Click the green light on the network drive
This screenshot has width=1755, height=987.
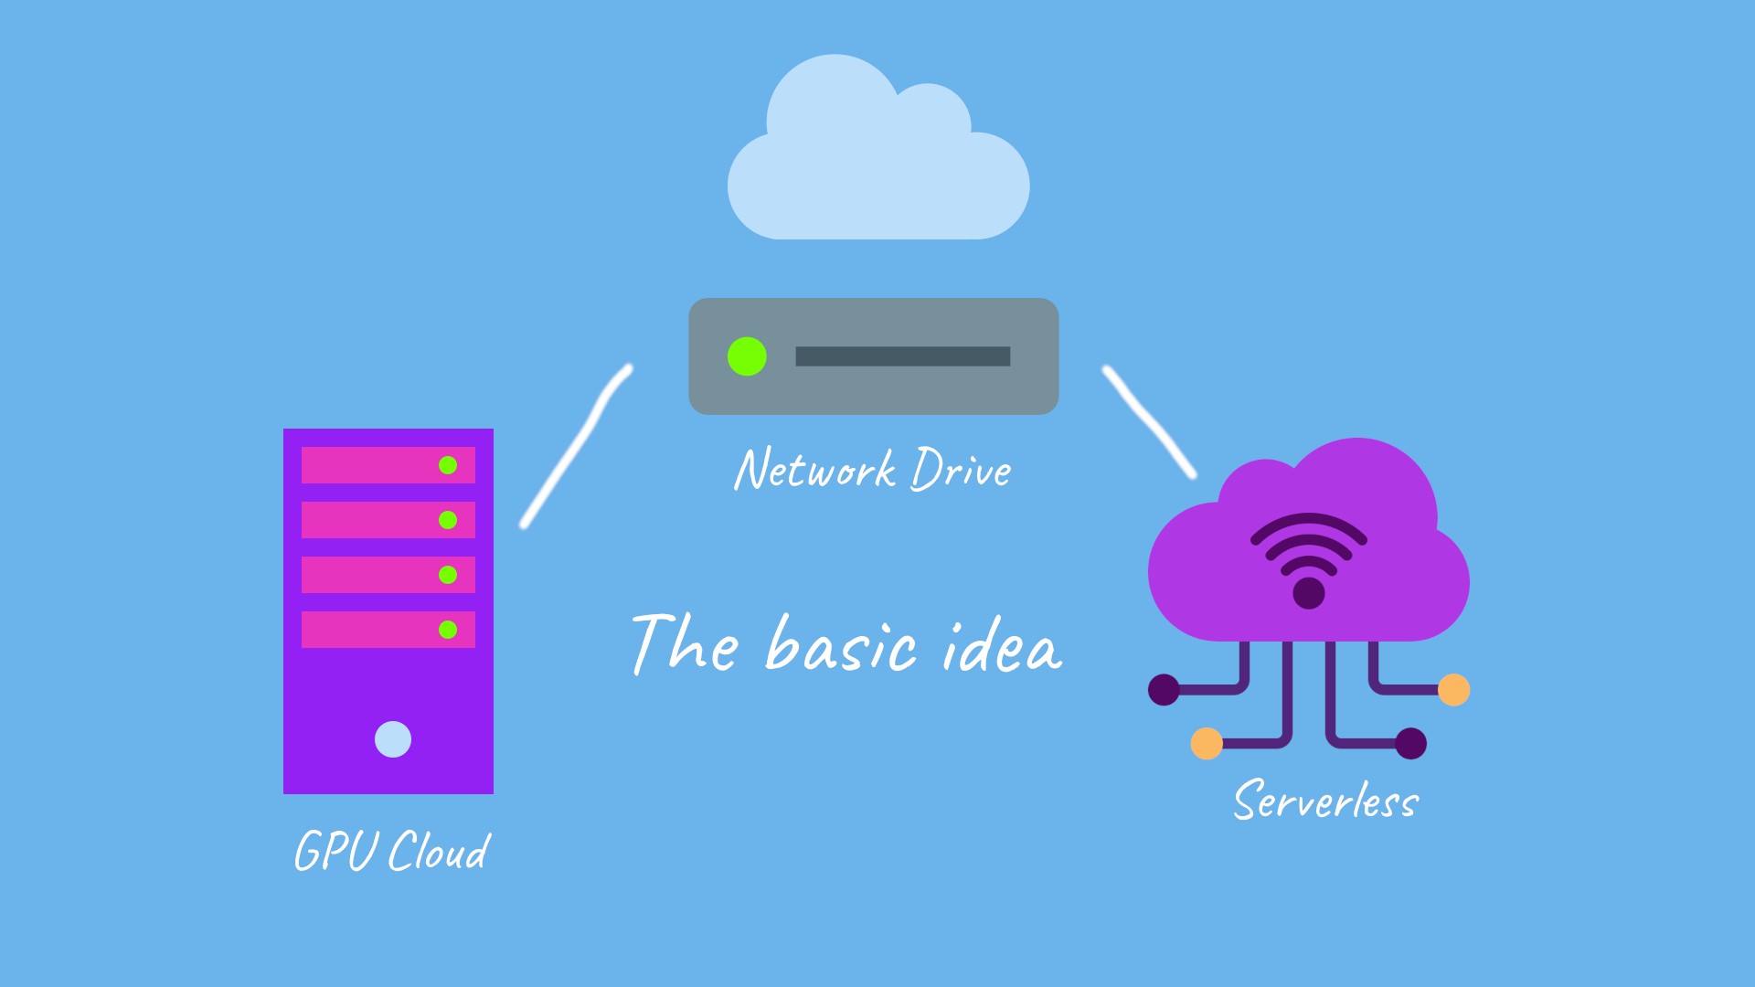coord(747,356)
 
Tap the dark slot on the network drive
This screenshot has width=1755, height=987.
coord(902,356)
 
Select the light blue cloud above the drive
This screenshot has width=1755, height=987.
coord(877,164)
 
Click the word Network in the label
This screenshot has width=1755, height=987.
coord(814,470)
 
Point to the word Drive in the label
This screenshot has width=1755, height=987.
coord(962,470)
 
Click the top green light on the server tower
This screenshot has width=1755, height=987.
coord(448,465)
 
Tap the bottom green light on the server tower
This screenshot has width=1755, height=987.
coord(448,630)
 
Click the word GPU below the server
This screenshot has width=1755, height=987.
coord(335,852)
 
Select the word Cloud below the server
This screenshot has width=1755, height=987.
coord(440,852)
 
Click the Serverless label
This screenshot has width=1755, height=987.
coord(1325,801)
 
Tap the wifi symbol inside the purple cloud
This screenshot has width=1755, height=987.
coord(1309,557)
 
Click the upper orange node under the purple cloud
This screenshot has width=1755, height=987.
coord(1453,690)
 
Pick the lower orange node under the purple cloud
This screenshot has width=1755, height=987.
coord(1207,743)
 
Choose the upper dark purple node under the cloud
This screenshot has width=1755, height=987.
coord(1164,690)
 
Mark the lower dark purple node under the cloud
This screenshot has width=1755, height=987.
coord(1411,743)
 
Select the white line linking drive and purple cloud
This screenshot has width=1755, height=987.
coord(1149,421)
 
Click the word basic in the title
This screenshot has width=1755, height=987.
coord(841,647)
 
